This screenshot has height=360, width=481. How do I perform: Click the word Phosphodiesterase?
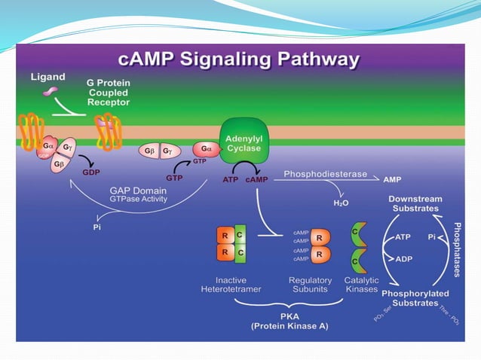point(325,174)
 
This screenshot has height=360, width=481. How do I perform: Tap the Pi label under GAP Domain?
point(97,227)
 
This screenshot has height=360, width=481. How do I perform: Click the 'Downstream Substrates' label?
point(415,203)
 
